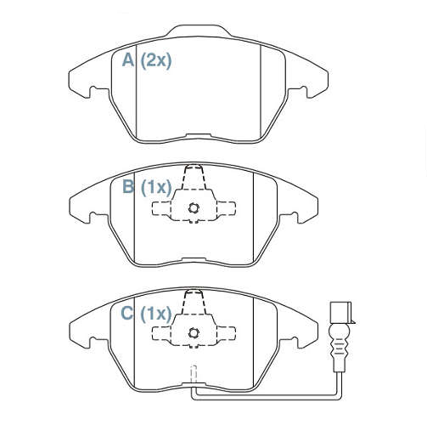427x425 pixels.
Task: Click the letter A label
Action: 128,60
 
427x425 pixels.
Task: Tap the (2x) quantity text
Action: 156,60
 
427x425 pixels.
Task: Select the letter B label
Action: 128,186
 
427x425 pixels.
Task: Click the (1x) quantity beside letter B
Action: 156,187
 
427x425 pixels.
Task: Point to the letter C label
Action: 126,313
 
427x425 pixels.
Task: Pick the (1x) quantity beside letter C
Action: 156,314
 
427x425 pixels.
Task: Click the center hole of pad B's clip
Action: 194,208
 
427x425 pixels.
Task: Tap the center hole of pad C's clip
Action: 194,333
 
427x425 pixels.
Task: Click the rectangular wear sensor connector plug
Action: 340,313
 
